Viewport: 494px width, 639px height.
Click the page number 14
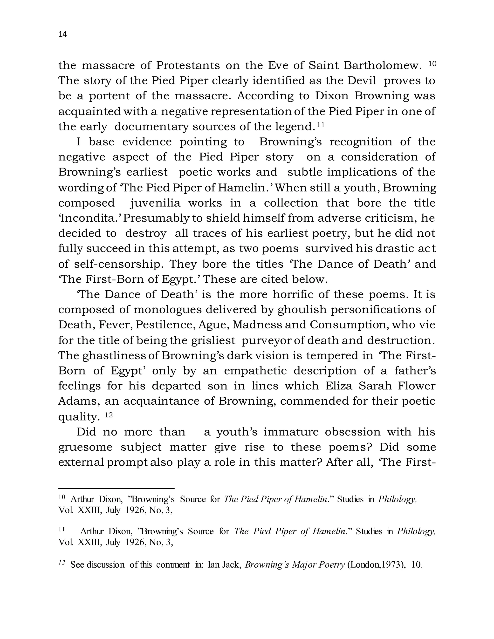click(x=63, y=34)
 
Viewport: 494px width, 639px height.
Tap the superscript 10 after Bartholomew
click(x=432, y=63)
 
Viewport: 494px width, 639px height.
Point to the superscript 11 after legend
click(x=321, y=125)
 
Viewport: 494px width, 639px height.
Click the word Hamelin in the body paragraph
click(x=241, y=188)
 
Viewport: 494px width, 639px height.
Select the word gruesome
click(x=85, y=447)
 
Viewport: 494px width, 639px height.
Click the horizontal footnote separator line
click(x=116, y=488)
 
